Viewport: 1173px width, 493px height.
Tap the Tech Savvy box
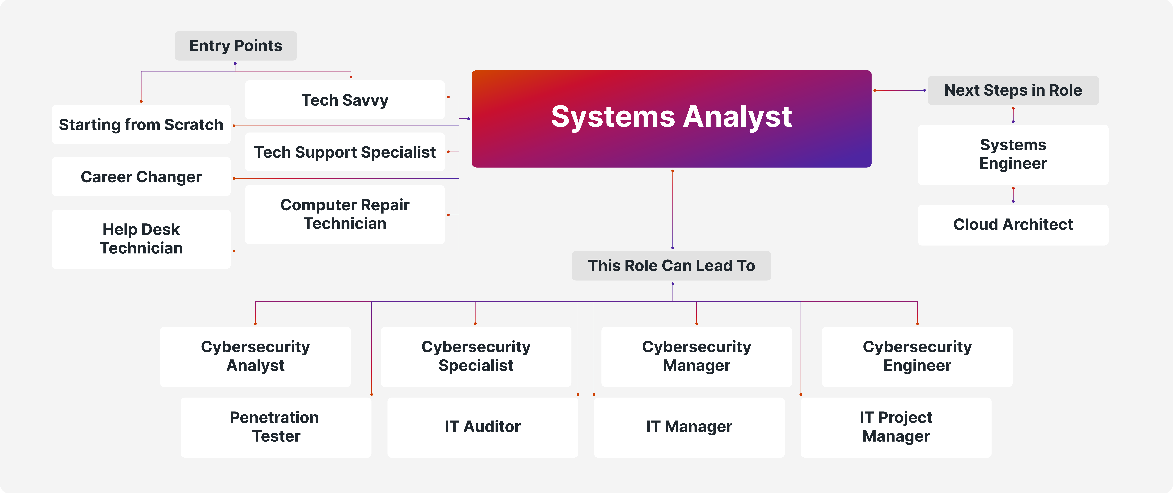345,100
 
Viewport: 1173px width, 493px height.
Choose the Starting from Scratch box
141,124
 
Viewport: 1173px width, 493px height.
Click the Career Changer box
141,177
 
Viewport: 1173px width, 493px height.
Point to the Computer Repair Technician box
345,214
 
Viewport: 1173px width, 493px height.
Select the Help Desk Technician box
141,239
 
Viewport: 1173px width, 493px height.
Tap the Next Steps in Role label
1013,90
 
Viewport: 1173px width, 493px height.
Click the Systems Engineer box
1013,155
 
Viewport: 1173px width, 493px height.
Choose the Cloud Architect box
1013,225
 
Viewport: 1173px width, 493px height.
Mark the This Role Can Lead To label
671,266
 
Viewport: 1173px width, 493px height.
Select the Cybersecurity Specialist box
476,356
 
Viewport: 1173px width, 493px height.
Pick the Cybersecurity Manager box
696,356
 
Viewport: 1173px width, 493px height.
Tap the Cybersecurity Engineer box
917,356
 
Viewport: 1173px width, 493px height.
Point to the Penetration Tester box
276,427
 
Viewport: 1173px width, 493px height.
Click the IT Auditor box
482,427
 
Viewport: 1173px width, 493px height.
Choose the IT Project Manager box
896,427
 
